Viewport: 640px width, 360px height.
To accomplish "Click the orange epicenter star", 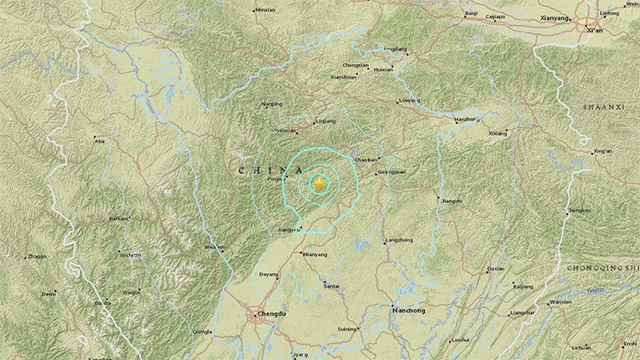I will coord(319,183).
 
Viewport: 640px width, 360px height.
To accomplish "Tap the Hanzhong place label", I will coord(465,119).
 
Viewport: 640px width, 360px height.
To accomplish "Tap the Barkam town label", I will coord(118,218).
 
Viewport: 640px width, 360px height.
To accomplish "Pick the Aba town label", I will coord(101,140).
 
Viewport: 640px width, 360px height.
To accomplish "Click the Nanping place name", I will coord(271,104).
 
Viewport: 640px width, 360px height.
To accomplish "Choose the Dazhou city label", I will coord(496,268).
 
